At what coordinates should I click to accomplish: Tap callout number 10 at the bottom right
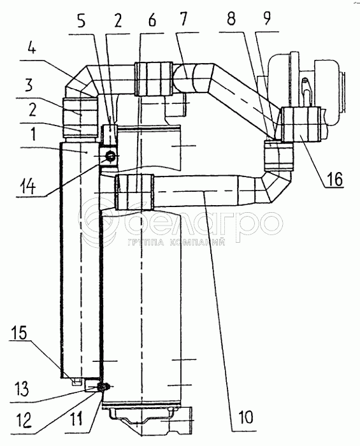coord(246,417)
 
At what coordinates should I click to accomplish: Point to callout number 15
coord(19,332)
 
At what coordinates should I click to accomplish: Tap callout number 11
coord(76,419)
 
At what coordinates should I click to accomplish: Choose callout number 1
coord(33,134)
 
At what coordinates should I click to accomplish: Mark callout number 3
coord(29,85)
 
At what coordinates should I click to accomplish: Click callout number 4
coord(32,48)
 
